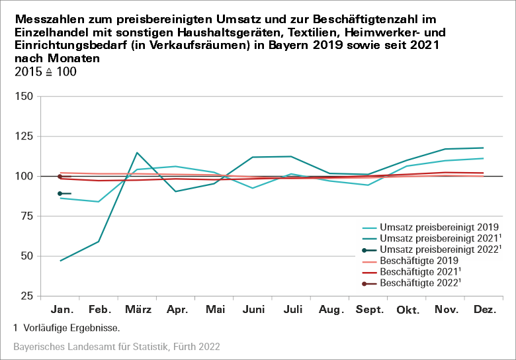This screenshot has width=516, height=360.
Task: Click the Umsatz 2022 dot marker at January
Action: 60,193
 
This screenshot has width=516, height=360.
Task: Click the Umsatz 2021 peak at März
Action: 137,153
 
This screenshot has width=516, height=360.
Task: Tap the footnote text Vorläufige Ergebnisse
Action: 71,328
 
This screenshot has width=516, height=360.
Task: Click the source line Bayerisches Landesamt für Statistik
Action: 116,346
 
